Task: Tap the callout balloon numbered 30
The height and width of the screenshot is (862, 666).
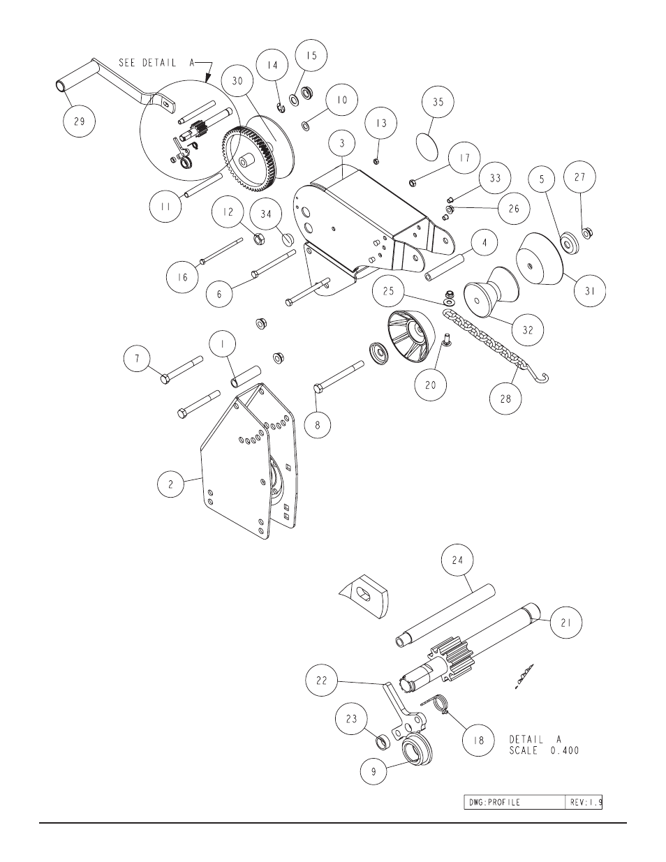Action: click(238, 80)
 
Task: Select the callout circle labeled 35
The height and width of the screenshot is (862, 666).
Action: click(438, 102)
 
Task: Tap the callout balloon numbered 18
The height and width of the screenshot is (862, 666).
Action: click(479, 742)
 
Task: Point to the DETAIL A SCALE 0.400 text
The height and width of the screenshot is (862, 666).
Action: click(544, 745)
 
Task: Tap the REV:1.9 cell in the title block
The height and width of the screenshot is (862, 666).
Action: click(583, 802)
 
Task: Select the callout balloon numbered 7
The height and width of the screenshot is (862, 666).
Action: click(138, 359)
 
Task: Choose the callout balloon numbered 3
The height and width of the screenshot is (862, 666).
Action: click(341, 144)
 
